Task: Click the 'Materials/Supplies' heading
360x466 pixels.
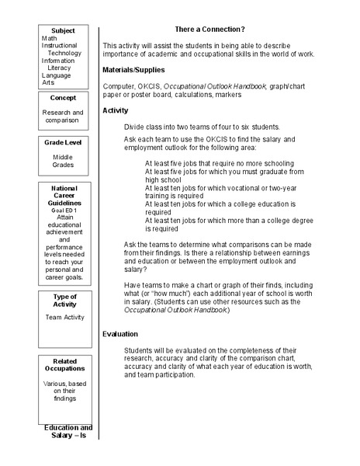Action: (136, 70)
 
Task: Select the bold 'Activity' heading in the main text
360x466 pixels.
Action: (116, 111)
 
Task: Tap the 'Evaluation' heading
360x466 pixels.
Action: (122, 334)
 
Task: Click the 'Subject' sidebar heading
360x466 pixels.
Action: (63, 30)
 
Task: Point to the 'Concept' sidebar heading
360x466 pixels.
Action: (63, 98)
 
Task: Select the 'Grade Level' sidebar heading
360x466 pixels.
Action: (63, 142)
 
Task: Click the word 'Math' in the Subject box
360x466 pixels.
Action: (49, 38)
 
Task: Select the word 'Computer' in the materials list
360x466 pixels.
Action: (119, 86)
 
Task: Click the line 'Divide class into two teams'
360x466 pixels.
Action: (202, 127)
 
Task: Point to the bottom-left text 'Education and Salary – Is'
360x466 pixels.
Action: (67, 432)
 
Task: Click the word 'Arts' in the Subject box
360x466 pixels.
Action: (48, 82)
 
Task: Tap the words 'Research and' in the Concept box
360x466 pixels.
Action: (63, 113)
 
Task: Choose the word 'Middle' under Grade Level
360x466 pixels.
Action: (63, 157)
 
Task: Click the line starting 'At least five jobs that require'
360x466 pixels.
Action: (220, 164)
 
